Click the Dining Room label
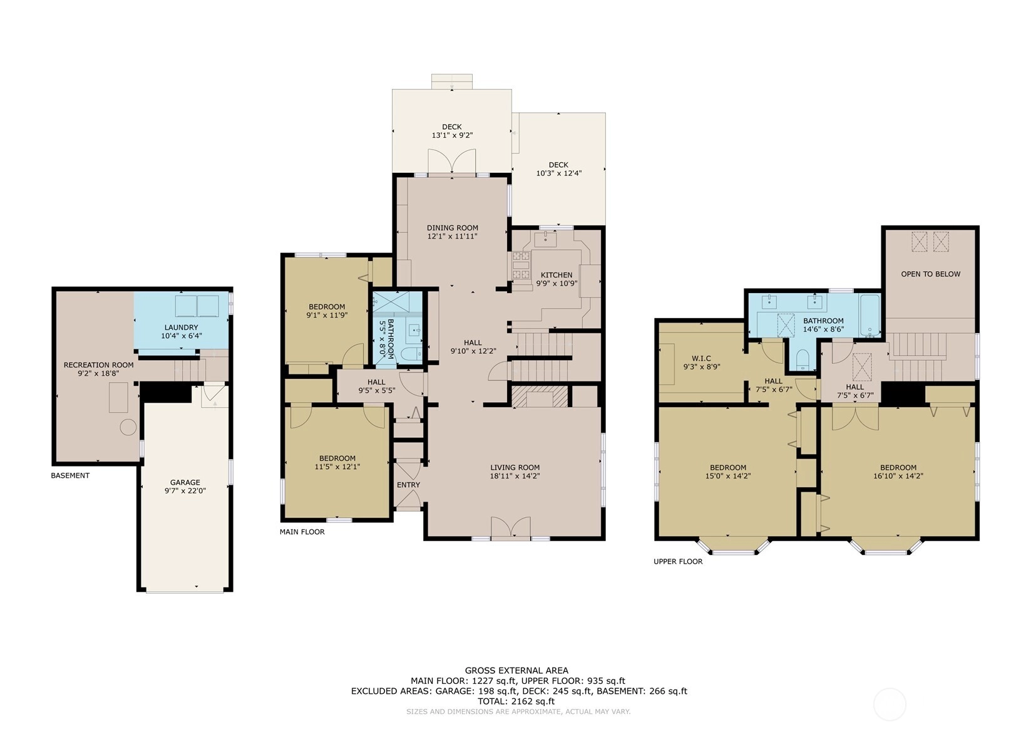pos(452,227)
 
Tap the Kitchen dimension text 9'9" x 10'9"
pos(557,284)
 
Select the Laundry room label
pos(182,328)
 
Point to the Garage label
pos(185,482)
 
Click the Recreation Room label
pos(98,364)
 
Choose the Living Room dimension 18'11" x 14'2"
pos(515,476)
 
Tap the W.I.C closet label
pos(702,358)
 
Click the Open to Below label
pos(931,274)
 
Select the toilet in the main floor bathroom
pos(411,354)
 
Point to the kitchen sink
pos(545,239)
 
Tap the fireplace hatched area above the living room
pos(540,396)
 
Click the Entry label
pos(408,485)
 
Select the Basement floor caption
pos(70,475)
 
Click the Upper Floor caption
pos(678,561)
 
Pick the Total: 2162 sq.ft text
pos(516,701)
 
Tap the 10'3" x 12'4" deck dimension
pos(559,173)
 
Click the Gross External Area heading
pos(516,671)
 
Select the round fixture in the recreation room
pos(128,427)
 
